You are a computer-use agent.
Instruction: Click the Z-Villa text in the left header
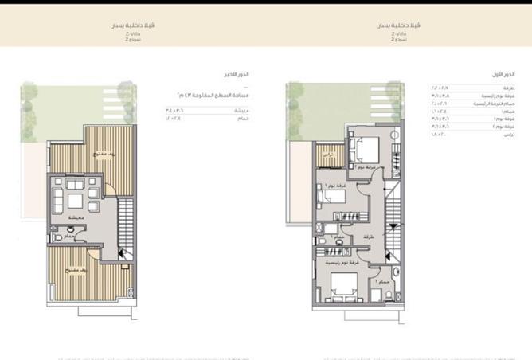(x=133, y=33)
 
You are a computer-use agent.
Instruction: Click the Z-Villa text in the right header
(x=398, y=33)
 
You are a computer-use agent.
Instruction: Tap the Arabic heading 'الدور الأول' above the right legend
(x=503, y=74)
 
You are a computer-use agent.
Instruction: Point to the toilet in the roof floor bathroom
(x=55, y=237)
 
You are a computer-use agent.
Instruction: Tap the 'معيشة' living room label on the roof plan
(x=76, y=217)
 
